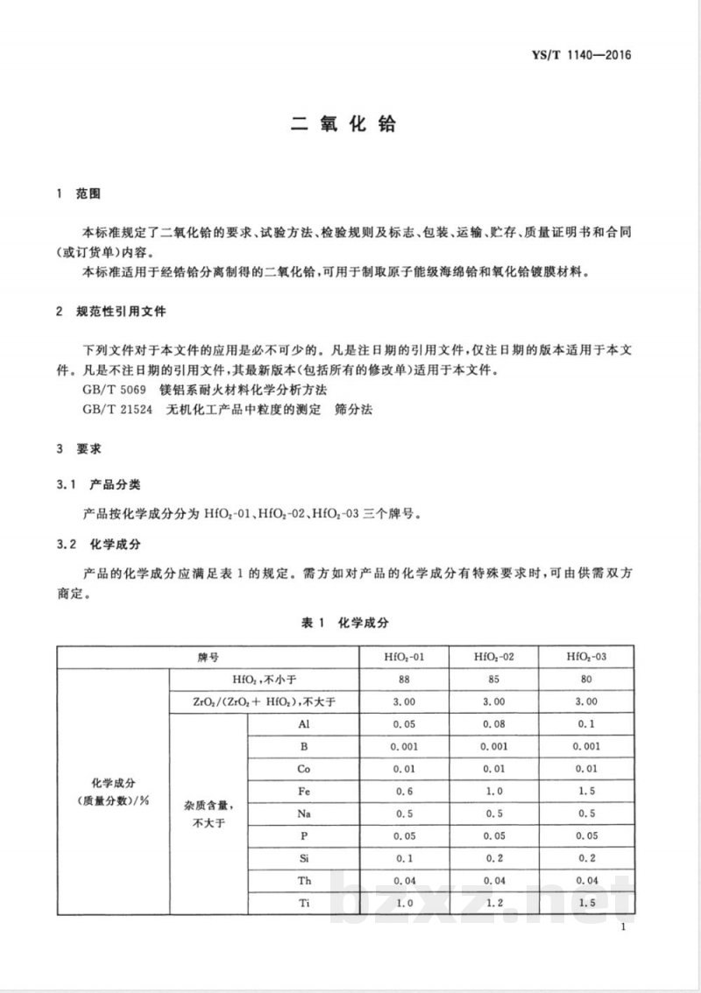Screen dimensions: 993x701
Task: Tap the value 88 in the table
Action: coord(404,679)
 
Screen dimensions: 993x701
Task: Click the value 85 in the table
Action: coord(493,679)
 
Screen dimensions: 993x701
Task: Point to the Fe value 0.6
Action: coord(404,791)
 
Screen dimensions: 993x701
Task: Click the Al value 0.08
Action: coord(493,723)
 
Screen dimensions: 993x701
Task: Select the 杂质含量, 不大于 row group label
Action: coord(208,813)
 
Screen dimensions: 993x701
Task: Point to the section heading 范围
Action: coord(89,194)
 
